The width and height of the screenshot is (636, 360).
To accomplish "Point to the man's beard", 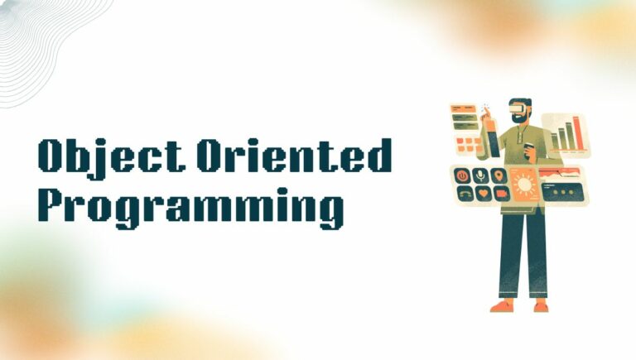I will pyautogui.click(x=520, y=119).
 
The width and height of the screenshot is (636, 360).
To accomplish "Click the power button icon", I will pyautogui.click(x=461, y=175).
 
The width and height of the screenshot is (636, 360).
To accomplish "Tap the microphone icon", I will pyautogui.click(x=480, y=175).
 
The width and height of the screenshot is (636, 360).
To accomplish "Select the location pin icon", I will pyautogui.click(x=499, y=175).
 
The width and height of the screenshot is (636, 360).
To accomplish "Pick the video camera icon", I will pyautogui.click(x=499, y=194).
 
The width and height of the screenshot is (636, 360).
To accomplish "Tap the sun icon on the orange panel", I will pyautogui.click(x=524, y=184).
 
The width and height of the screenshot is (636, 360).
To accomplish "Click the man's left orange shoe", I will pyautogui.click(x=502, y=305).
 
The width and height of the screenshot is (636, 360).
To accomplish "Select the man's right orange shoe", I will pyautogui.click(x=540, y=306).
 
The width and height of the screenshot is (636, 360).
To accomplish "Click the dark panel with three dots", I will pyautogui.click(x=563, y=191).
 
